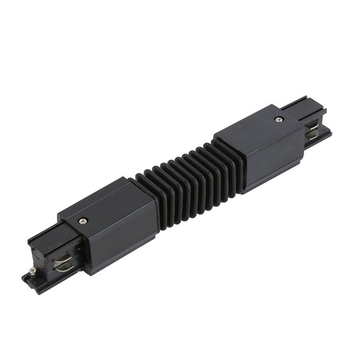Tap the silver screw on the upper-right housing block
click(278, 119)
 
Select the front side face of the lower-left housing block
click(124, 237)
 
